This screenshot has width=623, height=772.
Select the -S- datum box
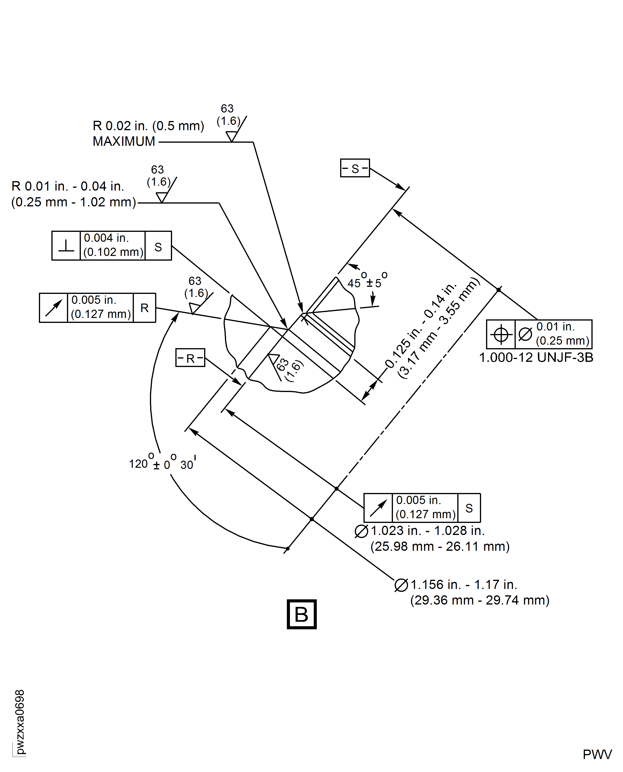click(x=355, y=168)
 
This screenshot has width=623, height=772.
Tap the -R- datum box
click(x=190, y=358)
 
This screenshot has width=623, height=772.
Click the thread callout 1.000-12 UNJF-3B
click(x=536, y=358)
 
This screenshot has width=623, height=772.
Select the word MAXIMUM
click(x=124, y=142)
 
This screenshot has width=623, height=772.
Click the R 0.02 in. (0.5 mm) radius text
click(x=148, y=126)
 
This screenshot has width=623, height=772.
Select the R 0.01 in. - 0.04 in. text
click(x=68, y=186)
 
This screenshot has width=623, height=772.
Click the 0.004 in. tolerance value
click(x=106, y=238)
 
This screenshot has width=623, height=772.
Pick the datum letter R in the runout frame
click(x=144, y=308)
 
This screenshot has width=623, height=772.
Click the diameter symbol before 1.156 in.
click(x=401, y=585)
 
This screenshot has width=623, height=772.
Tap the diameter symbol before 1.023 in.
click(x=361, y=531)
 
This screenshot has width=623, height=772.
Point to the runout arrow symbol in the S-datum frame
click(x=378, y=508)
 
